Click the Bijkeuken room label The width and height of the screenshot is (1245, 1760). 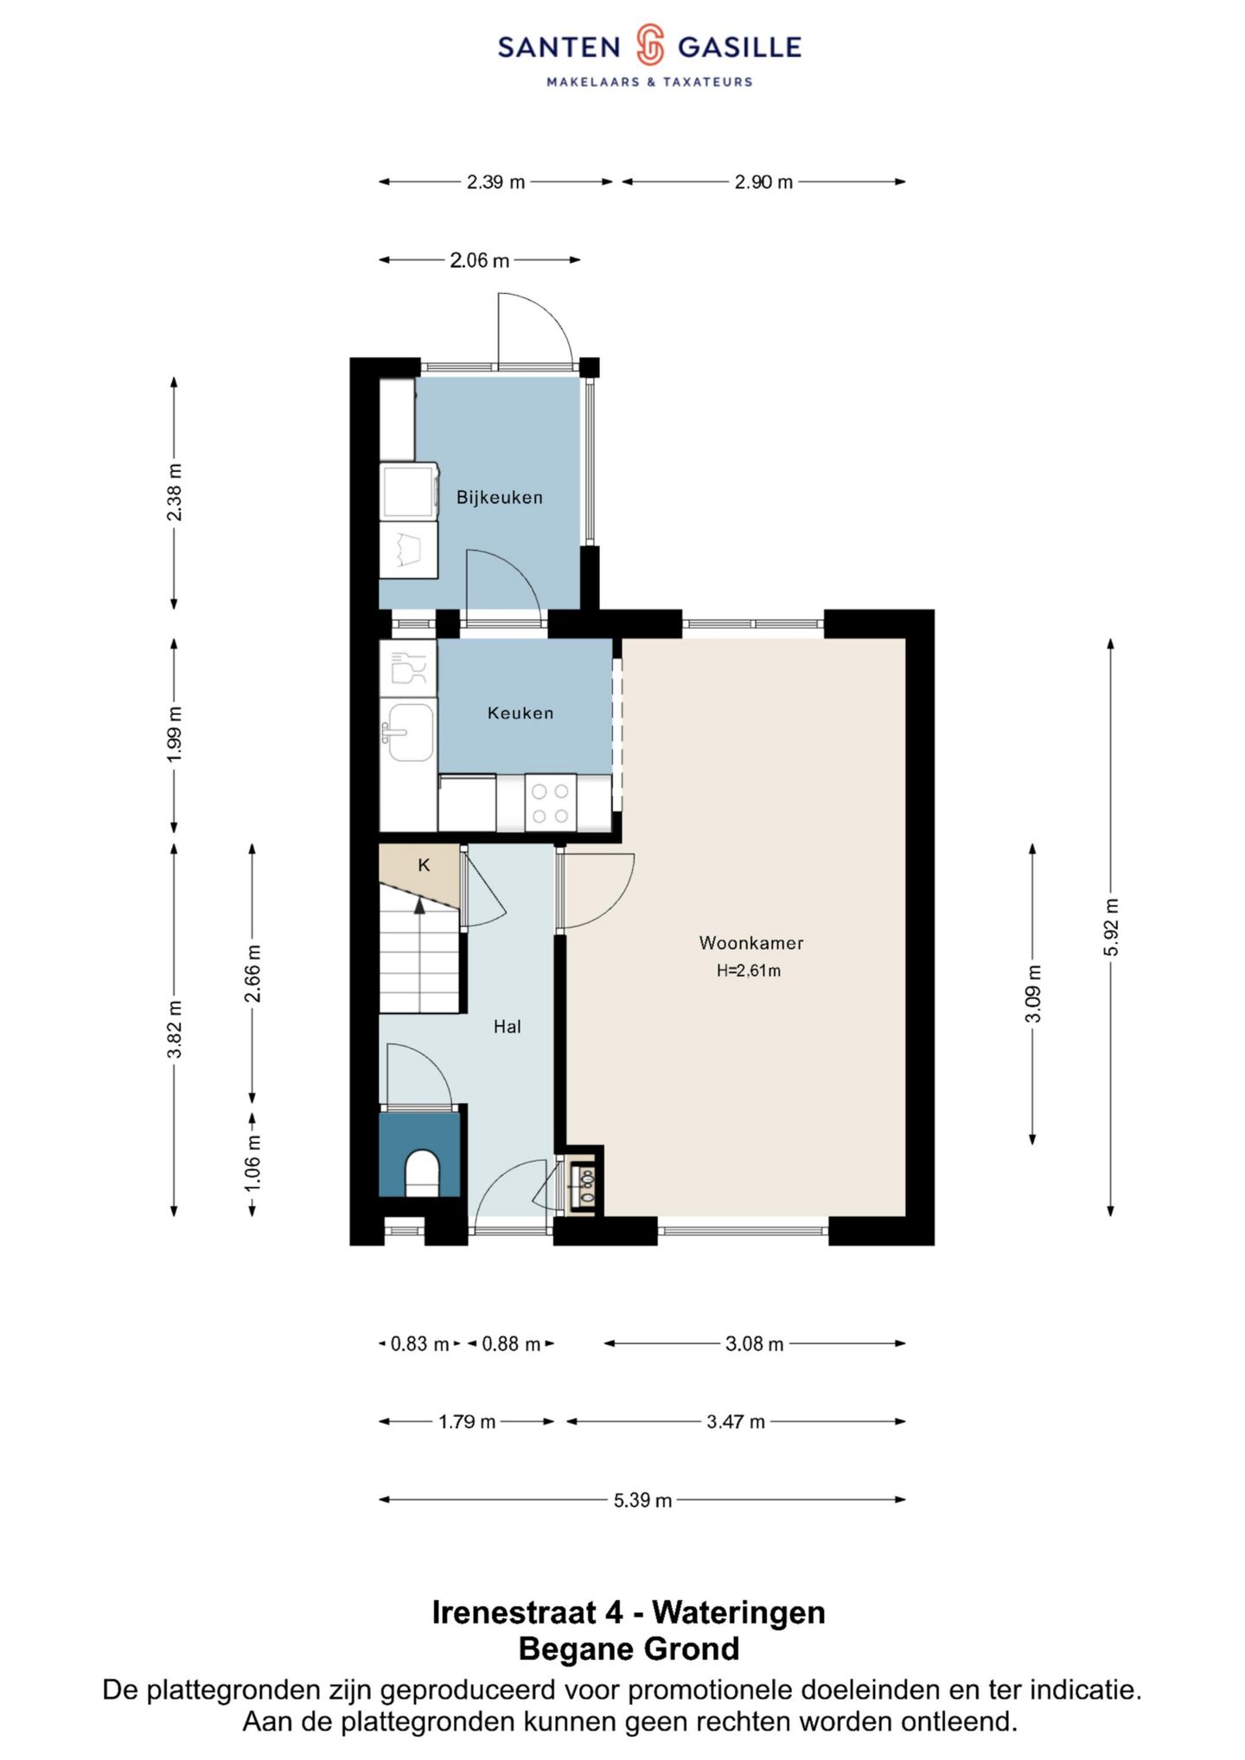point(500,497)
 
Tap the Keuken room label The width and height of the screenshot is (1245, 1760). point(520,713)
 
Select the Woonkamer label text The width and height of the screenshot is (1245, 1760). point(751,943)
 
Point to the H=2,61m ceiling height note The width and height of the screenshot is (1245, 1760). point(749,971)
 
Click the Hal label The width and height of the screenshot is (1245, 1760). point(508,1027)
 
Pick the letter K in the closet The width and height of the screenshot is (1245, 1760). point(424,865)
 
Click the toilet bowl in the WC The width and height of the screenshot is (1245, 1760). point(423,1173)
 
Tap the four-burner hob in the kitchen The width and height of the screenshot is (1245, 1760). point(551,803)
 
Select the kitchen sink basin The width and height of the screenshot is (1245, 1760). point(410,732)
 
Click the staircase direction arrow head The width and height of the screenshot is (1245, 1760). point(420,905)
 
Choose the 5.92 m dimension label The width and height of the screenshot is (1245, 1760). point(1112,928)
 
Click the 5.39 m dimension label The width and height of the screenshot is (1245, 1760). point(642,1500)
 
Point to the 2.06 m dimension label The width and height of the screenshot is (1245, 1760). point(480,260)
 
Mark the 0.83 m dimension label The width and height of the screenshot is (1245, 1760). point(420,1344)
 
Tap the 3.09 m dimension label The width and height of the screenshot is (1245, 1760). point(1033,994)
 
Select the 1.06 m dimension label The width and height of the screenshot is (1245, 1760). point(252,1162)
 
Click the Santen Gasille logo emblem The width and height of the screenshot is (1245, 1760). point(650,46)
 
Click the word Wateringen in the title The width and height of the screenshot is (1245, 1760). point(739,1612)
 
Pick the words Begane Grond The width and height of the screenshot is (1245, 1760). point(629,1648)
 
